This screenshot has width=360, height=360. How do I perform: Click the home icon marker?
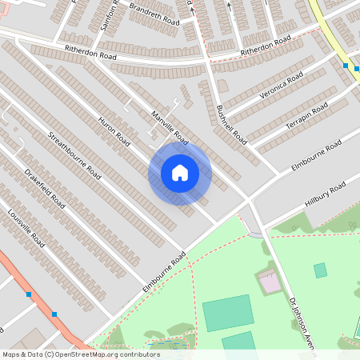pos(180,173)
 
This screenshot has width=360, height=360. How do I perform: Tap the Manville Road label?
pos(170,126)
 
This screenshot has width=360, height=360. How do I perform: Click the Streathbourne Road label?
pos(74,154)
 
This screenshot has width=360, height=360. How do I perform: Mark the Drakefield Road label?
pos(45,189)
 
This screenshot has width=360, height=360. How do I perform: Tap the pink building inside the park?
pos(269,281)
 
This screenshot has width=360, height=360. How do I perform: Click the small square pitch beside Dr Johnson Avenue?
pos(320,270)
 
